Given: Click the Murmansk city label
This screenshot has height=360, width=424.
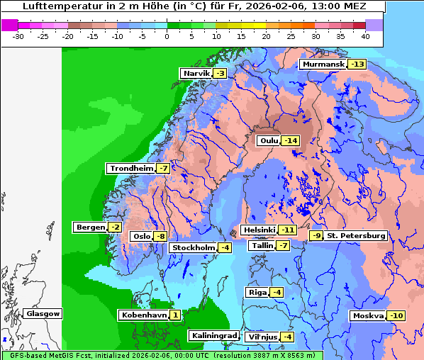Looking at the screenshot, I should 323,64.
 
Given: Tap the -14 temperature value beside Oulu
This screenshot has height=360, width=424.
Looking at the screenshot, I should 290,141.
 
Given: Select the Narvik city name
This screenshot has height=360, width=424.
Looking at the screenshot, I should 196,74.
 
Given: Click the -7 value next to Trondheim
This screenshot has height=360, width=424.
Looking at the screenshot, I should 163,169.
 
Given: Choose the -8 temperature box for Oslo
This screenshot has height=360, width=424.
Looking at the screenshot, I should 161,237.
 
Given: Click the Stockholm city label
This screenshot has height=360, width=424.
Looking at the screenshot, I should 193,247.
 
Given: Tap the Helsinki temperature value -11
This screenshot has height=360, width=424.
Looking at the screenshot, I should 286,230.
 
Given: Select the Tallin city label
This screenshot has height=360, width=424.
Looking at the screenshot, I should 262,246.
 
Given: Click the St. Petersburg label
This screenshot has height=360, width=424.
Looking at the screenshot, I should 356,235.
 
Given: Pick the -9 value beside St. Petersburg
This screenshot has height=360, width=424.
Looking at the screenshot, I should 316,235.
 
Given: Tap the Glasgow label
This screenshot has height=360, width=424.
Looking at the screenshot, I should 43,314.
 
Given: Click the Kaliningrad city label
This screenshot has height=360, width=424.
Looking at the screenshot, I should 213,336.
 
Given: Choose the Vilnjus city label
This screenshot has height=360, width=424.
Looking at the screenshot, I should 262,337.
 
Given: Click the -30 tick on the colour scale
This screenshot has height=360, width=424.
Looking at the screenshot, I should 18,35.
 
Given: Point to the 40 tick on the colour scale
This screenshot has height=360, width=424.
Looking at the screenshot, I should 365,35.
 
